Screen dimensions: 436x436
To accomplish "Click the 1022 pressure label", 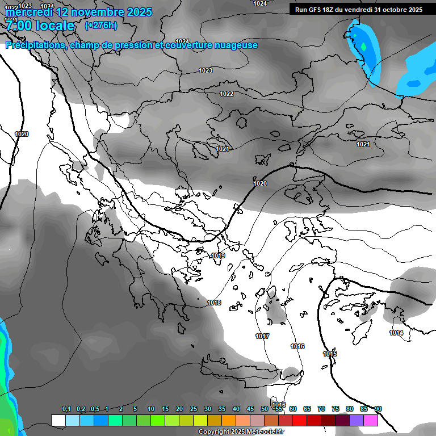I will coord(227,94).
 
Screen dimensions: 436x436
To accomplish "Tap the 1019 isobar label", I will coord(218,256).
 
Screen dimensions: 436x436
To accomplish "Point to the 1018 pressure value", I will coord(214,303).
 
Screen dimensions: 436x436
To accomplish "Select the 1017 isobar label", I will coord(262,336).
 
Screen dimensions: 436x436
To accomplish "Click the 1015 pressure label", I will coord(330,354).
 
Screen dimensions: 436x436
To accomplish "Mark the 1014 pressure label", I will coord(396,333).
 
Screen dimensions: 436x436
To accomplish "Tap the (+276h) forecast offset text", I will coord(100,26).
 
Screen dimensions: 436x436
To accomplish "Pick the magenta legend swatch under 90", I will coord(371,420).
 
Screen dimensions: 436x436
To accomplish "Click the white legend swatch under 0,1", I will coord(58,420).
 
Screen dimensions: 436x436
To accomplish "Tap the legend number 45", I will coord(250,409).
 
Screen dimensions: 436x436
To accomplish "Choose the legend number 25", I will coord(194,409).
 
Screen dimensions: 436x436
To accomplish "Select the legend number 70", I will coord(321,409).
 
